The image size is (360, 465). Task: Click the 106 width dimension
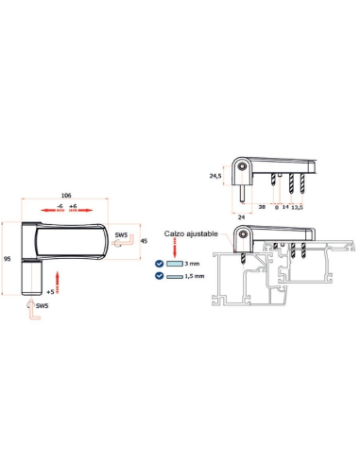66,196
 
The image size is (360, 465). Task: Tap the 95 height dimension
8,259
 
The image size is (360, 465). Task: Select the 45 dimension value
144,241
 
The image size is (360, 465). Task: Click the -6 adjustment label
60,206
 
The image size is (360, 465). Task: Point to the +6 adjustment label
73,206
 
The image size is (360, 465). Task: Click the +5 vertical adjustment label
50,292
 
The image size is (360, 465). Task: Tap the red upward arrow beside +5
58,283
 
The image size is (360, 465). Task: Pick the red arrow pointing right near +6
81,211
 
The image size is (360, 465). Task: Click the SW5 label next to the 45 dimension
121,234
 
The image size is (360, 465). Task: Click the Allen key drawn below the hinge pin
33,311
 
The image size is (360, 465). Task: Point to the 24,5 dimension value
215,176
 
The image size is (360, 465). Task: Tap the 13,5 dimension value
298,207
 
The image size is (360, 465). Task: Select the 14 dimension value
285,207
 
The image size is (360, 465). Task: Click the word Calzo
174,233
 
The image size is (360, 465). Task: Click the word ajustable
202,234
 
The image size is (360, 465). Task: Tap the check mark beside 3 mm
160,264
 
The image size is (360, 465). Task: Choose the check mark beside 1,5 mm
160,276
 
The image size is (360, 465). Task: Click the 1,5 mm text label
195,276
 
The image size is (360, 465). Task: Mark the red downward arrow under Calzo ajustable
175,248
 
